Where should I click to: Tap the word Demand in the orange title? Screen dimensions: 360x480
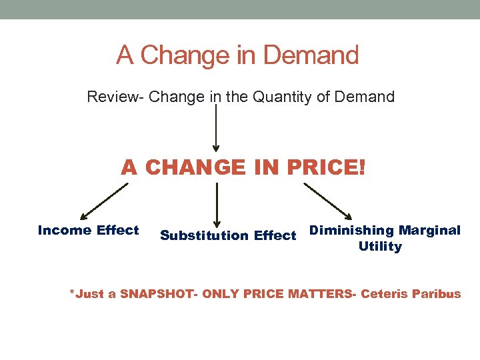click(x=312, y=55)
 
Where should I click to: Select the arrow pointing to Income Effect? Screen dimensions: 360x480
click(x=103, y=202)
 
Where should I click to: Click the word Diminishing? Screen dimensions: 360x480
click(x=352, y=231)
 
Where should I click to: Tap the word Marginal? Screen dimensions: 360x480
click(x=429, y=231)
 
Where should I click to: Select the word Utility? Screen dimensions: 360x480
click(x=380, y=247)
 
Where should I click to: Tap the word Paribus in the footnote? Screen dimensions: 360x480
click(x=437, y=294)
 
